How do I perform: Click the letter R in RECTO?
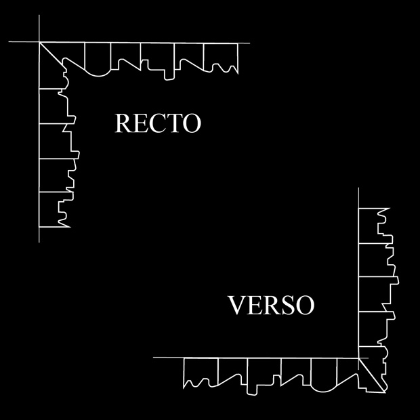[x=123, y=124]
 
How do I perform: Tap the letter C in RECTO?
[x=158, y=124]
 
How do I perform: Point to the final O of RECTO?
[x=192, y=124]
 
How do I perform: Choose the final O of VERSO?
[x=304, y=306]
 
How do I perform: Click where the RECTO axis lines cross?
[x=39, y=43]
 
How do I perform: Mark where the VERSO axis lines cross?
[x=358, y=357]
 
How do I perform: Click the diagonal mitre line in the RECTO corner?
[x=51, y=54]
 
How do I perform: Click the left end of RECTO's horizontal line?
[x=9, y=43]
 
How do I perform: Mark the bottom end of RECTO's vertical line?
[x=39, y=241]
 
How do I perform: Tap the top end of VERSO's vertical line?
[x=358, y=188]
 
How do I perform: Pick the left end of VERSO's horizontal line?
[x=154, y=357]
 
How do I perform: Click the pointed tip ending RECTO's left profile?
[x=70, y=226]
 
